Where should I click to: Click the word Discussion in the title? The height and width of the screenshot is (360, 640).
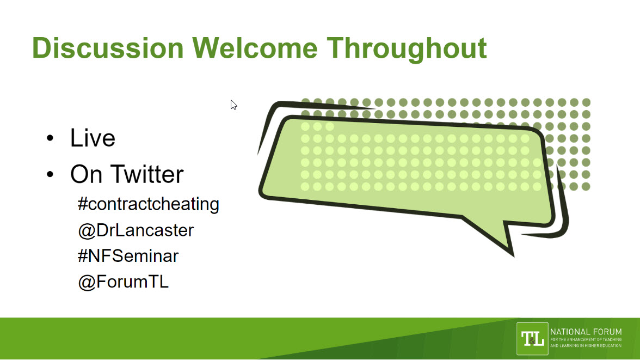click(108, 48)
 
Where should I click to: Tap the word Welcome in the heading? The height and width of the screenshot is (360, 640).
click(255, 48)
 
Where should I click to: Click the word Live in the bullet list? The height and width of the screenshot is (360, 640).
click(93, 138)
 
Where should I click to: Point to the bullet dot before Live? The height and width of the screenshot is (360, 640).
click(50, 138)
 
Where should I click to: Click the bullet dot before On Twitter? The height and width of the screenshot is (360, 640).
click(50, 174)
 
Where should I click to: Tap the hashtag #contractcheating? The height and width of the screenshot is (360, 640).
click(148, 204)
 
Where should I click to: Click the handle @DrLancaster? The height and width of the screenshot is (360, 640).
click(136, 230)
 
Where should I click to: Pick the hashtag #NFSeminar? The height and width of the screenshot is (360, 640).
click(128, 256)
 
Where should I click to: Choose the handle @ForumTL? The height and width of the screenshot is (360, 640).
click(123, 282)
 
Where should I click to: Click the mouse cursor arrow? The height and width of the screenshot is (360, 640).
click(233, 105)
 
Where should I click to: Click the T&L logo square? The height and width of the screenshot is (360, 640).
click(532, 339)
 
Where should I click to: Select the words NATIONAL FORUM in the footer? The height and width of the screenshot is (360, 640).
click(586, 332)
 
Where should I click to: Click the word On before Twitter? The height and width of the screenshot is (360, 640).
click(86, 174)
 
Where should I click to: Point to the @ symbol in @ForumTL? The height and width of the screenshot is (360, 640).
click(87, 283)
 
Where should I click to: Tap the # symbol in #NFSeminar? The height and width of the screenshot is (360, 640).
click(83, 256)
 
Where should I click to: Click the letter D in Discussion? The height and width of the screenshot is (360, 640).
click(41, 48)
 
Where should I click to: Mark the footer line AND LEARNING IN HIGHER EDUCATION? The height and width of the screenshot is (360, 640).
click(586, 346)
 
